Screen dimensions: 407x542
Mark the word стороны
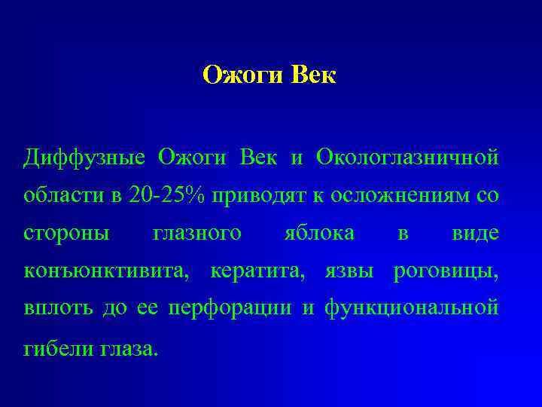[x=66, y=234]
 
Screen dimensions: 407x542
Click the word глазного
[x=197, y=234]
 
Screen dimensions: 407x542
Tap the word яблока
[x=320, y=234]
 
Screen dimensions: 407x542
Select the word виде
[x=475, y=234]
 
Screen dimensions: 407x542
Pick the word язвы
[x=349, y=271]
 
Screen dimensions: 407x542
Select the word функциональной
[x=411, y=310]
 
